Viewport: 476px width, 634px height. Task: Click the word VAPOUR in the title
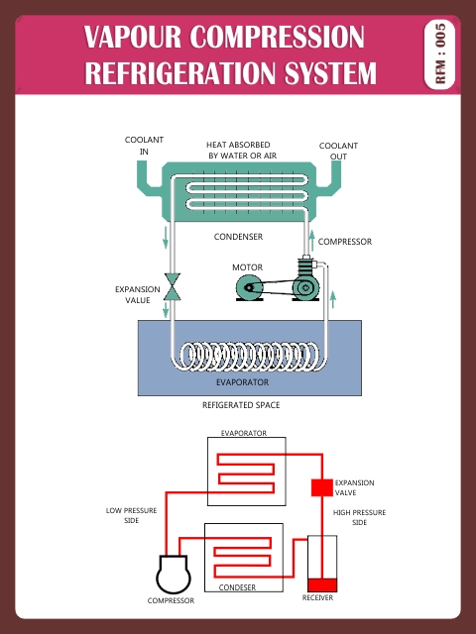(x=133, y=38)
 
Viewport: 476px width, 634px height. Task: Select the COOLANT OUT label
(x=338, y=151)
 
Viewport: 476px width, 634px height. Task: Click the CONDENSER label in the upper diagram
(x=238, y=237)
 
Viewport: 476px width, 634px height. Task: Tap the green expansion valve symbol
(x=172, y=286)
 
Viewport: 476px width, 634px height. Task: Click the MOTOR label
(x=246, y=267)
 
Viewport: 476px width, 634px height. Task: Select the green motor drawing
(x=249, y=288)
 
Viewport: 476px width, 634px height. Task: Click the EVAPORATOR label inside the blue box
(x=242, y=381)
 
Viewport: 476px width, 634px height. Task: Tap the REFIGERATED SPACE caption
(x=241, y=405)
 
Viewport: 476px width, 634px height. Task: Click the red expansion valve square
(x=320, y=487)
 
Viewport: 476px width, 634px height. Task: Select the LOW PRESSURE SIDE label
(x=125, y=516)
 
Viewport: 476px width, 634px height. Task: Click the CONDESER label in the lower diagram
(x=237, y=587)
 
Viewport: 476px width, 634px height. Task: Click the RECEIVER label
(x=317, y=599)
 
